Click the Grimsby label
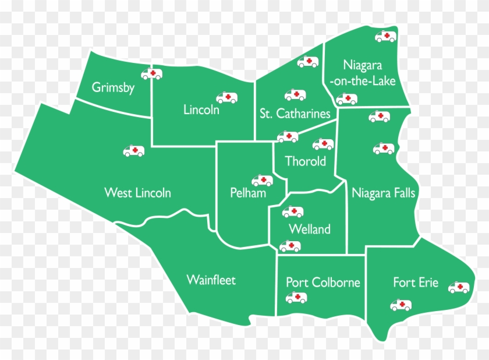pos(114,88)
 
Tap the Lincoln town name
pos(201,109)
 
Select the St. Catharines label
pos(295,114)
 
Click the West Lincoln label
pos(137,192)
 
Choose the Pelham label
pos(248,193)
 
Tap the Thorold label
pos(305,161)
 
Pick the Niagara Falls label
pos(384,192)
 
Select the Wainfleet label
pos(211,280)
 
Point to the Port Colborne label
pos(323,283)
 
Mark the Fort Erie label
pos(416,283)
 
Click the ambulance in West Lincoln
pos(133,151)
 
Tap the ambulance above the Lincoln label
pos(227,97)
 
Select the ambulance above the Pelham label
pos(262,181)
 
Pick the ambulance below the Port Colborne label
pos(296,298)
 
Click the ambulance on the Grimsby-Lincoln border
pos(152,74)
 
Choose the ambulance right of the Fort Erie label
pos(459,287)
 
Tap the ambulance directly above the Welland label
pos(293,212)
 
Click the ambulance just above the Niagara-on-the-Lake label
pos(385,37)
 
